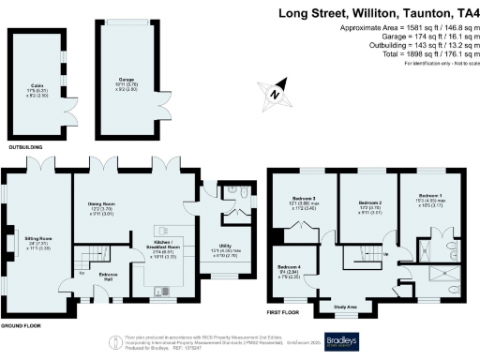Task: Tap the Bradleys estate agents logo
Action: (344, 340)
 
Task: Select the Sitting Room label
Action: (37, 241)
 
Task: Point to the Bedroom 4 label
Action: (291, 269)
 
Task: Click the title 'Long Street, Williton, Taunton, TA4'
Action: (375, 14)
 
